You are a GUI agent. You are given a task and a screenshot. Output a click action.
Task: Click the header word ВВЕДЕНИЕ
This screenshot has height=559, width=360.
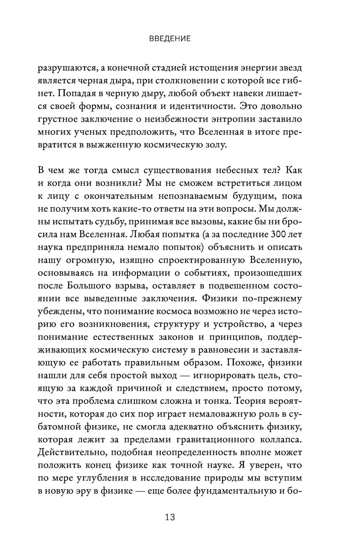click(170, 39)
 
